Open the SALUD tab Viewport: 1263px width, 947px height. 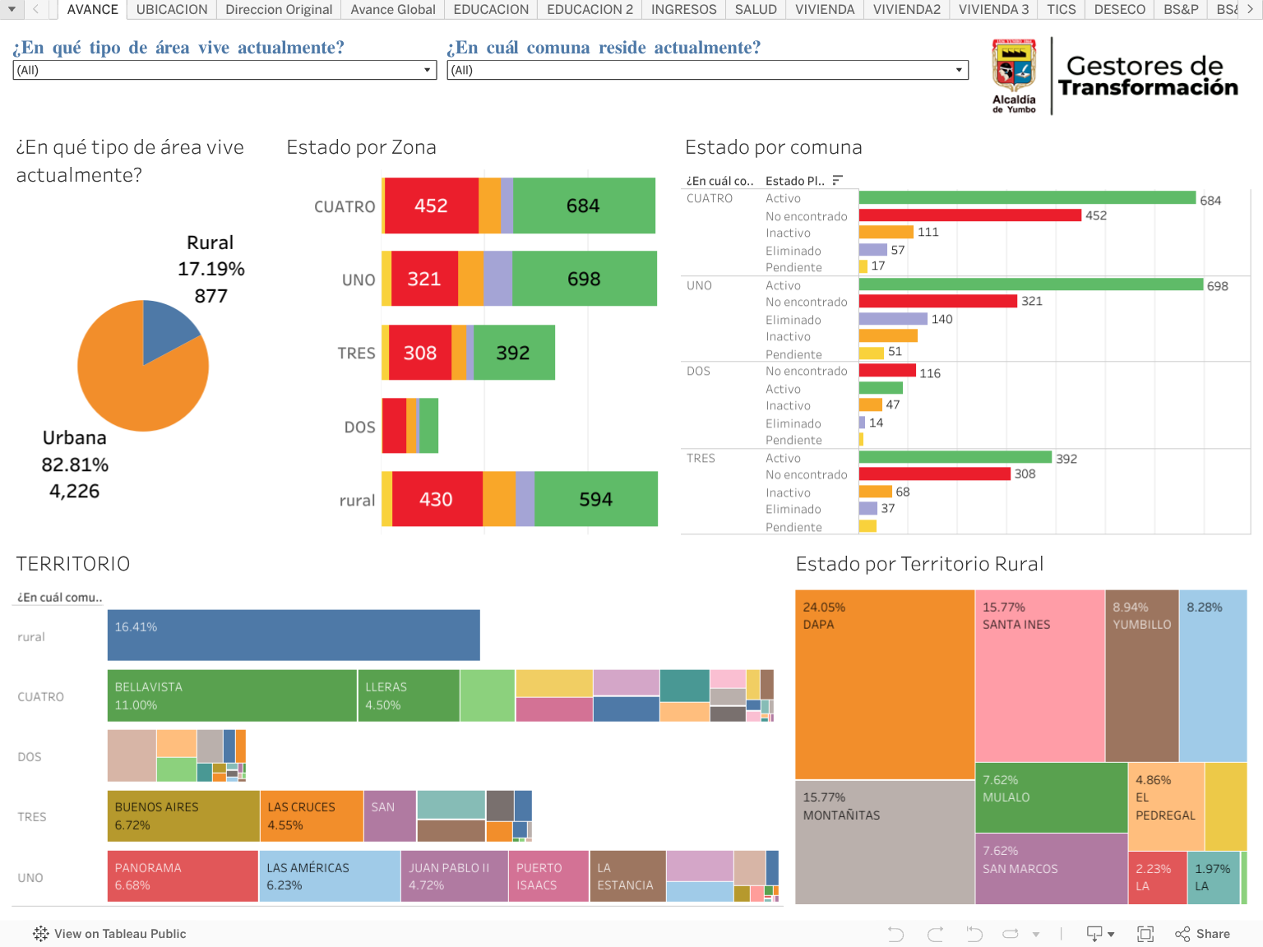pos(756,10)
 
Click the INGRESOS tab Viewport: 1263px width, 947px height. pos(683,10)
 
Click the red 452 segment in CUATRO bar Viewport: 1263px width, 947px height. pos(431,206)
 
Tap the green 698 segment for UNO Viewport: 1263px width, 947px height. pos(584,279)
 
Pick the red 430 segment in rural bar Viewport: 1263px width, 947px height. pos(437,499)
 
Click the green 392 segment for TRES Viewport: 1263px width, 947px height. pos(514,353)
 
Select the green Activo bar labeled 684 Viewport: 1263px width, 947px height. pos(1027,198)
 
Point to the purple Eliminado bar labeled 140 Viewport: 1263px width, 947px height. pos(893,319)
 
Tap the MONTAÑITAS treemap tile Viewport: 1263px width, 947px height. pos(885,842)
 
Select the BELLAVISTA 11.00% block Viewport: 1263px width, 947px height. pos(232,695)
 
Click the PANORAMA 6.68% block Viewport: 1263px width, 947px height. pos(183,876)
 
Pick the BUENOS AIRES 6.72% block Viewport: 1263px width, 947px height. pos(183,815)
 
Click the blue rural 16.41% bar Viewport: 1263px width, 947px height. pos(294,635)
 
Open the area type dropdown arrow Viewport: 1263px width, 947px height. pos(427,71)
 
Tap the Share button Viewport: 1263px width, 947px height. pos(1203,934)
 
